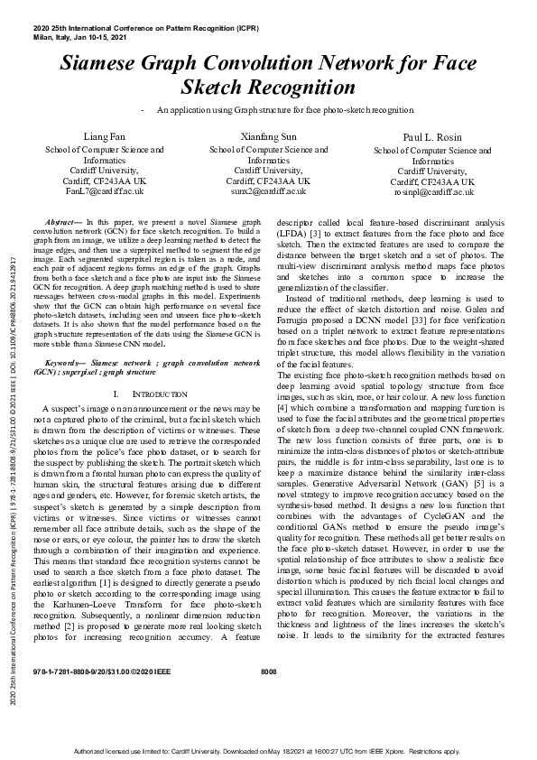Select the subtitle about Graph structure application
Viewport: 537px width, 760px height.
285,109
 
